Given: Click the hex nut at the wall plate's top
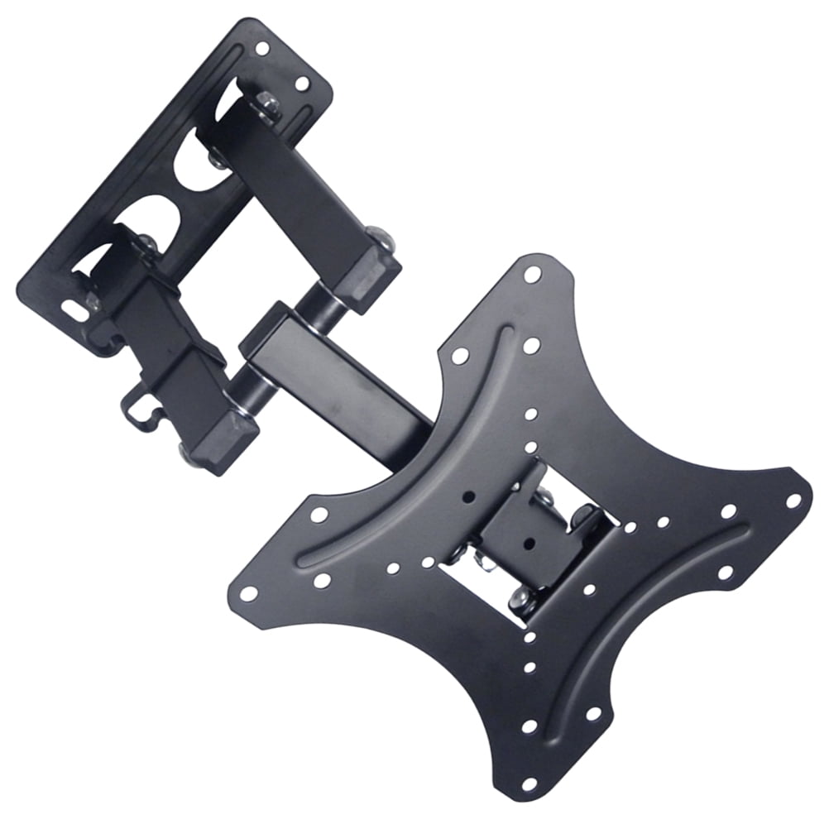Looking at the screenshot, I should (267, 103).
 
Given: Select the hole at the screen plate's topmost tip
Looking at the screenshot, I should (532, 274).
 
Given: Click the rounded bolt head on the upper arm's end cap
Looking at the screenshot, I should (380, 237).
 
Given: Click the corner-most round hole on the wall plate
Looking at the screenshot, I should (261, 48).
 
